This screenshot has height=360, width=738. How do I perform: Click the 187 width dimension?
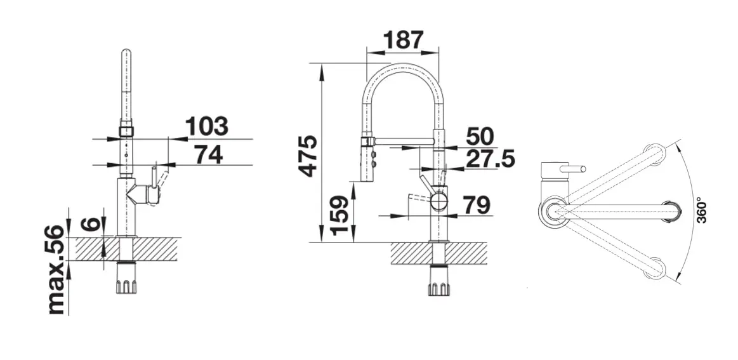coord(402,40)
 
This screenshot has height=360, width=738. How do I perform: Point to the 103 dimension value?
coord(206,126)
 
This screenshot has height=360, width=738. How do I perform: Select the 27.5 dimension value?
coord(489,159)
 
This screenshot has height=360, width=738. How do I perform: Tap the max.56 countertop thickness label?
coord(57,269)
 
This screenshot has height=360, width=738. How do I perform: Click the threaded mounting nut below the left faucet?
coord(127,284)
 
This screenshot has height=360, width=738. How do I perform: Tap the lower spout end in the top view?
coord(654,269)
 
